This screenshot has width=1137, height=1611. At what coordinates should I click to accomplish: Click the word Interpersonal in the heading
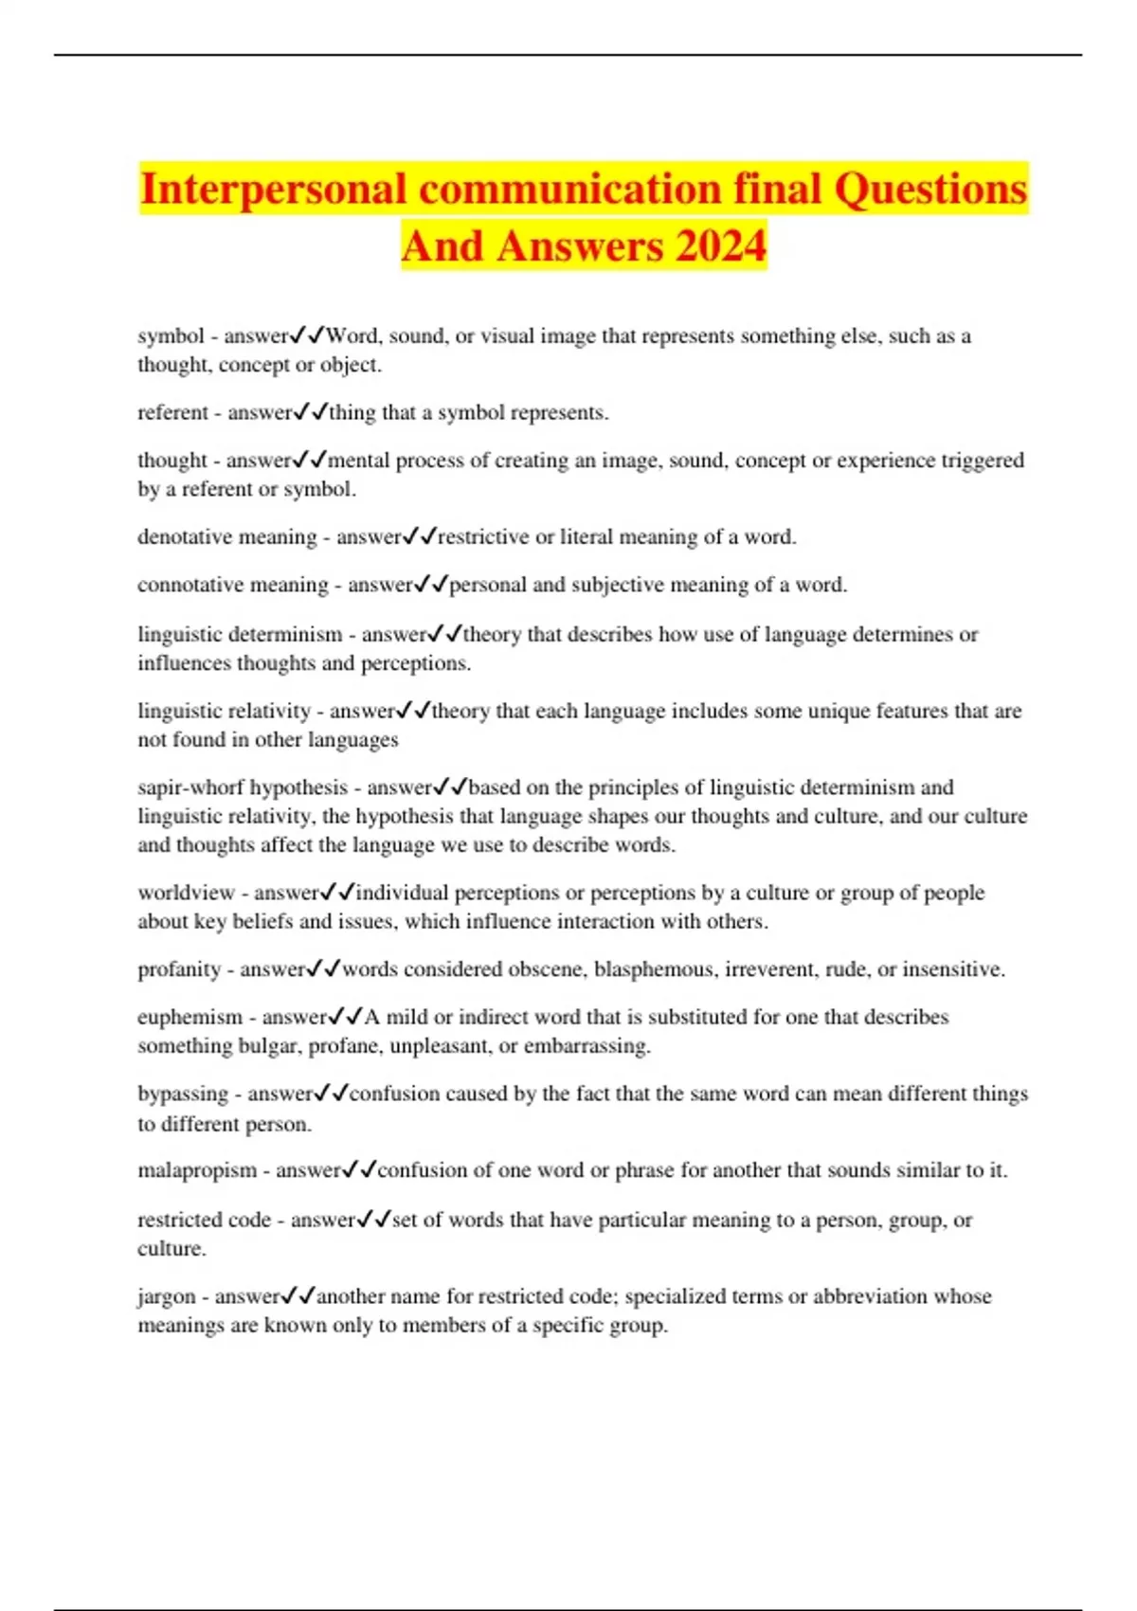point(274,189)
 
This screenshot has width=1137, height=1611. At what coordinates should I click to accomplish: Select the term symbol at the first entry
point(171,336)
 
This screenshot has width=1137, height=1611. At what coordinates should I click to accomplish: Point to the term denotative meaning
point(227,537)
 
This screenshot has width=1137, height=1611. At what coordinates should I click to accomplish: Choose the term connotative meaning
point(233,585)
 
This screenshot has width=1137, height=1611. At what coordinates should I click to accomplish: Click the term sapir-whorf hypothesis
point(243,787)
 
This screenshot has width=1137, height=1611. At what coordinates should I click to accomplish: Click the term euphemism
point(190,1018)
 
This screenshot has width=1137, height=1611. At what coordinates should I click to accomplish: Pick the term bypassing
point(183,1095)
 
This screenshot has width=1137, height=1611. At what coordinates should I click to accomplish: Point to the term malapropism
point(197,1170)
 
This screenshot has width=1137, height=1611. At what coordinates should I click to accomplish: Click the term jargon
point(167,1296)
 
